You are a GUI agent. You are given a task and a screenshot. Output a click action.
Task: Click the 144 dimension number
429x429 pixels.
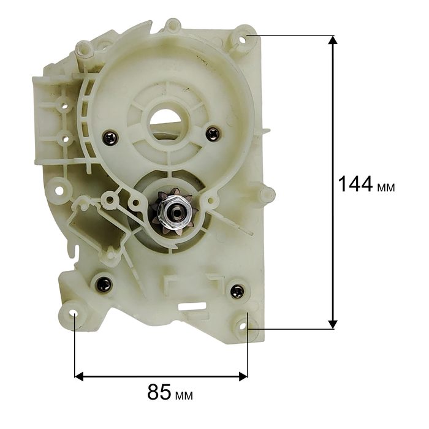[355, 184]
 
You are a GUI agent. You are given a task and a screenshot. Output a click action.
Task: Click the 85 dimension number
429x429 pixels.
[159, 392]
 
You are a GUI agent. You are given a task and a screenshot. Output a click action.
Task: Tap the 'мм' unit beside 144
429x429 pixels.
[386, 188]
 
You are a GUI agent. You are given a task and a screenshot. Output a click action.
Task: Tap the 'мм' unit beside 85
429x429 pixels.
[184, 396]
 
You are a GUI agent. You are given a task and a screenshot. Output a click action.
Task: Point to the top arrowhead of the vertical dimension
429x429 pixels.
[332, 40]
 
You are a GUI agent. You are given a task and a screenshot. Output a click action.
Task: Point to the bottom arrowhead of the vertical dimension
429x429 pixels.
[332, 324]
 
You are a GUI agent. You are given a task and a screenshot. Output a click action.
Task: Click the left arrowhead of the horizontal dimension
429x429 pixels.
[79, 376]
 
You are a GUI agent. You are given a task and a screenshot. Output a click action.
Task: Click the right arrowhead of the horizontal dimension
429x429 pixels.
[243, 376]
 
